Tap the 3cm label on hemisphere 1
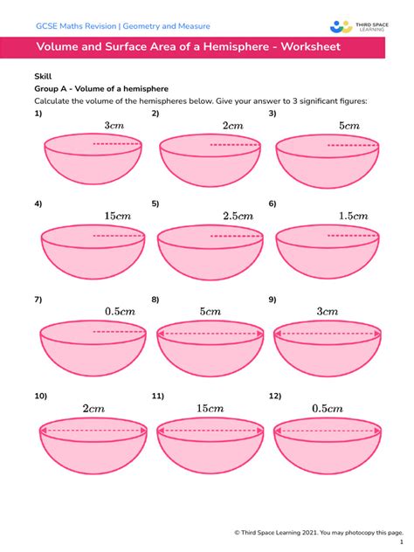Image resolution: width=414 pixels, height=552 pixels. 114,126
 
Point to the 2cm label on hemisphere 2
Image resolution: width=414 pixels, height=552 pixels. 232,126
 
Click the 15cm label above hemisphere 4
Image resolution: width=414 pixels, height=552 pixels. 117,215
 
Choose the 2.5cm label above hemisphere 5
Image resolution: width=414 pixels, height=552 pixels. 237,215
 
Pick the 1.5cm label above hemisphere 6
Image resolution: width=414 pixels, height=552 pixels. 353,215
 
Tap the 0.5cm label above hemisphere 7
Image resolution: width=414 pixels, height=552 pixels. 120,311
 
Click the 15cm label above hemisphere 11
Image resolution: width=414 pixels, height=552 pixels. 209,408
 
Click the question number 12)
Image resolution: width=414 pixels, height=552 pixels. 275,396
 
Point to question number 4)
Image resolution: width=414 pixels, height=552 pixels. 38,204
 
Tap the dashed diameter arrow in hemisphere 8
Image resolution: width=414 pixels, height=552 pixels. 208,333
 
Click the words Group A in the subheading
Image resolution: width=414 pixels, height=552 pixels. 52,89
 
